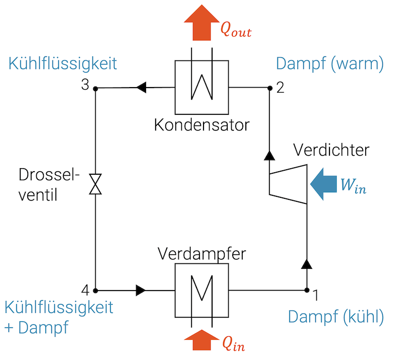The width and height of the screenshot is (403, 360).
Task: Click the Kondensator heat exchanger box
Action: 201,87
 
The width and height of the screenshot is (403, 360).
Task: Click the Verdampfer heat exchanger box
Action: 201,290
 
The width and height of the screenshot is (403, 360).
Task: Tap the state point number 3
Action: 86,85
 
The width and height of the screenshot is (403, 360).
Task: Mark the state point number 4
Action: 86,290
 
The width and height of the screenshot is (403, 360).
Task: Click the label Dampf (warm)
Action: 330,64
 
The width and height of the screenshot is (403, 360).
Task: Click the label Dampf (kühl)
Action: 336,317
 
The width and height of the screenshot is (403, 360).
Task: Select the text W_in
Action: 353,186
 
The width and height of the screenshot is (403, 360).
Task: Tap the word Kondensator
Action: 201,124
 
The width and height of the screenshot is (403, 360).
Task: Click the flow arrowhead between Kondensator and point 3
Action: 142,88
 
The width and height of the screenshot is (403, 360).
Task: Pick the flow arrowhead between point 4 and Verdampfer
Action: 141,290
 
